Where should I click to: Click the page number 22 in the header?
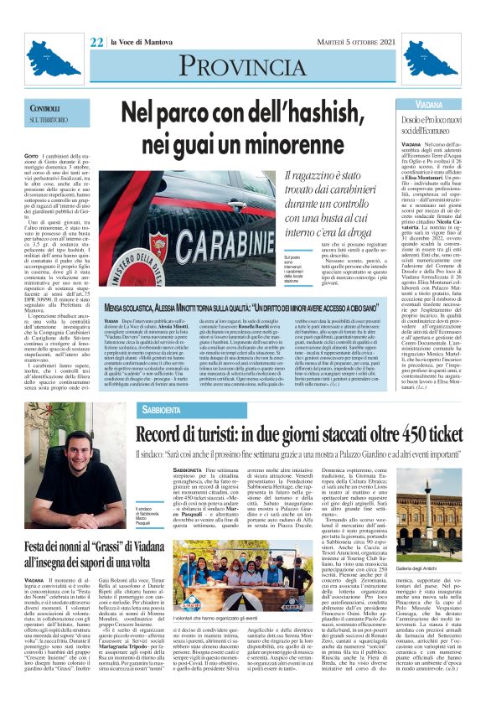(96, 42)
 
